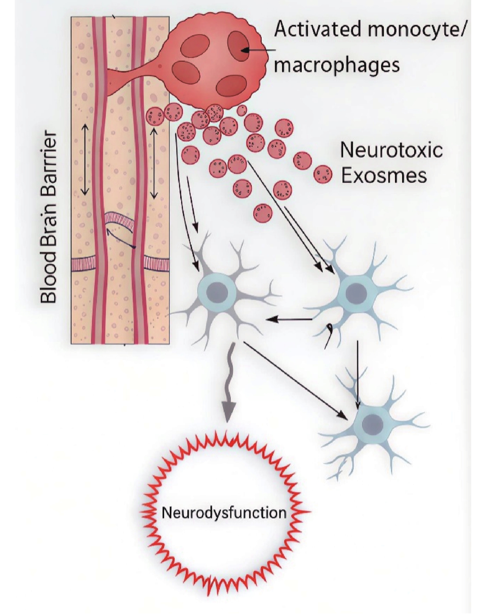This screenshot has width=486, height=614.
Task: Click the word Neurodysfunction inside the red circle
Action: (x=224, y=512)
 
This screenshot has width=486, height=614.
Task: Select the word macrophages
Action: (x=337, y=65)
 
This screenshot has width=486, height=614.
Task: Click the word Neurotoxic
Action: (x=391, y=150)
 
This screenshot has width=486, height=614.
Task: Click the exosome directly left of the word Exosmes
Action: (x=323, y=175)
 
